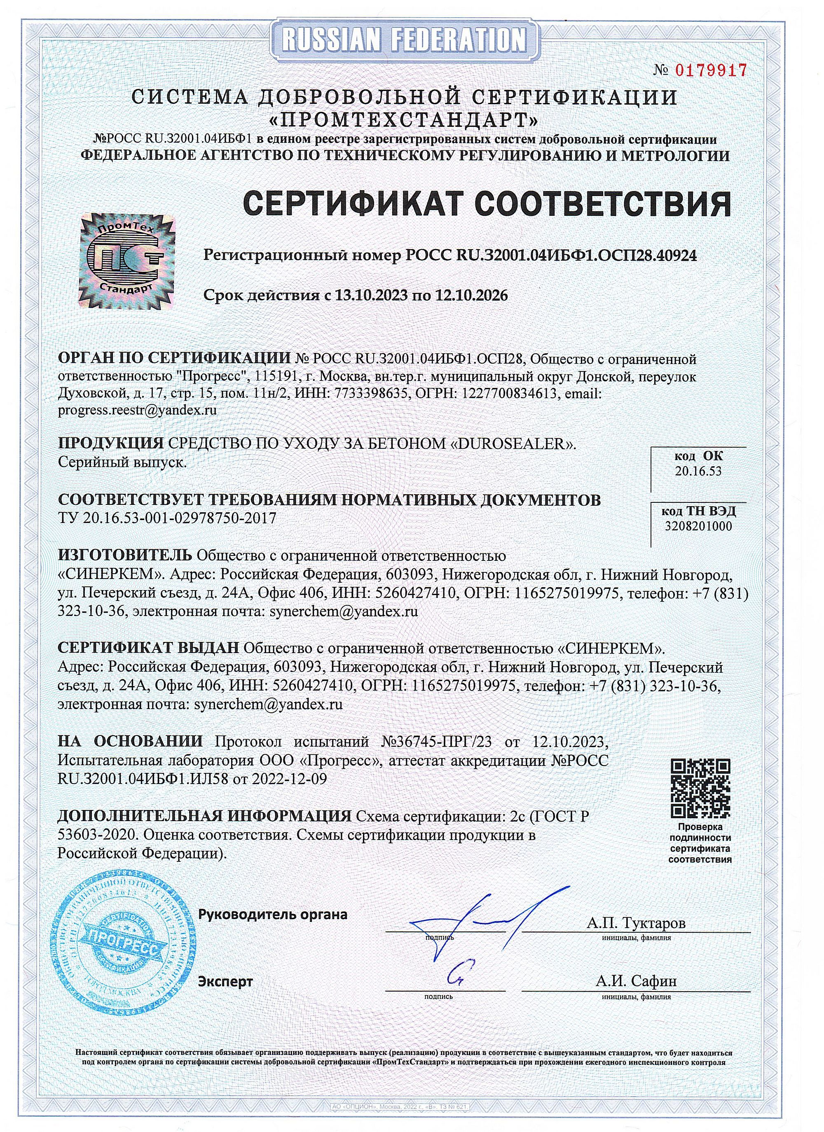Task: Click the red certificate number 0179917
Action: point(711,70)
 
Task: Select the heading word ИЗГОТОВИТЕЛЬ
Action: point(125,555)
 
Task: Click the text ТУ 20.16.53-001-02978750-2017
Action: point(167,518)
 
